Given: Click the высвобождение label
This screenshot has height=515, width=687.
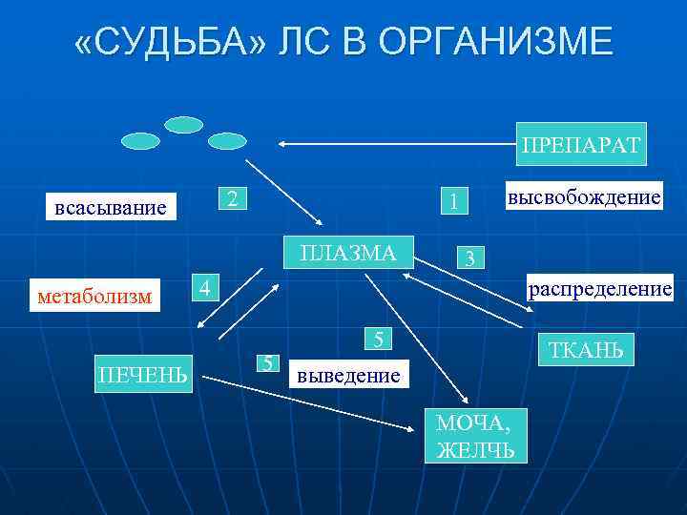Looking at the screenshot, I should point(583,196).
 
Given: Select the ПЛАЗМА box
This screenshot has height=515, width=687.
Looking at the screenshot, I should point(347,252).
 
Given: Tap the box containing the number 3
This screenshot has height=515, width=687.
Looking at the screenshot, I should point(469,258).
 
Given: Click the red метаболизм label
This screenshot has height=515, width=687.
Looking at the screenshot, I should point(94,296).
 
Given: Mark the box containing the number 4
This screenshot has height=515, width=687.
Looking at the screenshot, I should point(202,286).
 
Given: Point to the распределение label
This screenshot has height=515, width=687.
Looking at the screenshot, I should point(599,287).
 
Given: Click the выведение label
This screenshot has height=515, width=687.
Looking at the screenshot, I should point(347,375).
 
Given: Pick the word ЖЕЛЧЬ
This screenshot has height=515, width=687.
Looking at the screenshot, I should point(474,449).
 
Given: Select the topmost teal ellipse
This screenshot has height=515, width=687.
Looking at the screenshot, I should point(183,125).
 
